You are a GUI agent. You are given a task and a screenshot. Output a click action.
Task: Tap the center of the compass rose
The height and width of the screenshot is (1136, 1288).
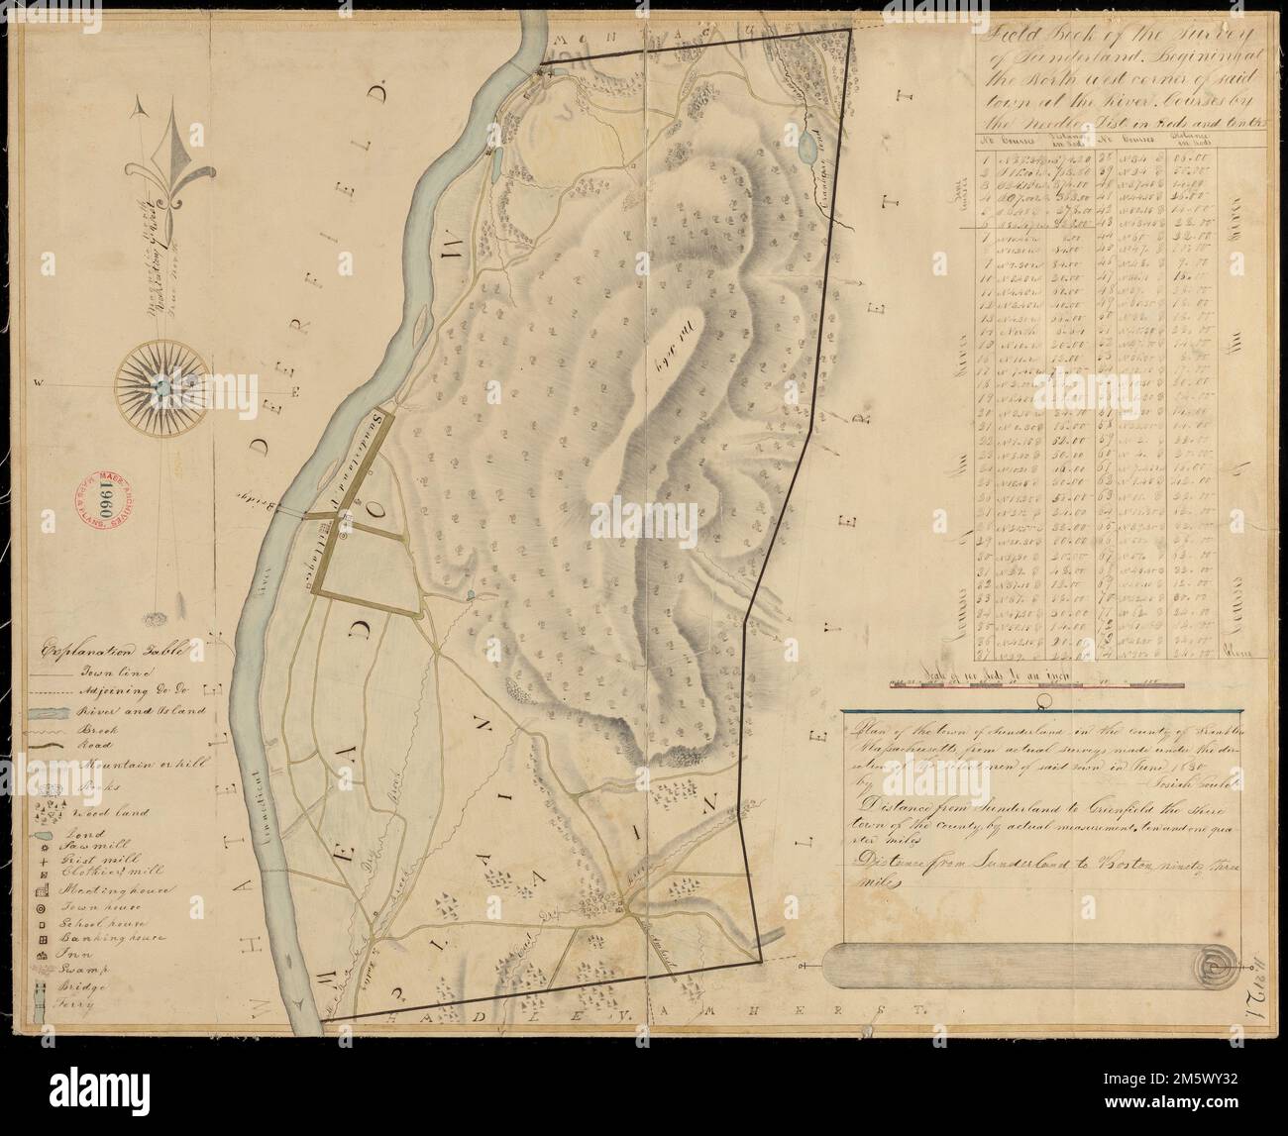157,383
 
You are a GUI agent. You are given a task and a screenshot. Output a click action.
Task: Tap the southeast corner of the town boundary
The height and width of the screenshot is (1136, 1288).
761,960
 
